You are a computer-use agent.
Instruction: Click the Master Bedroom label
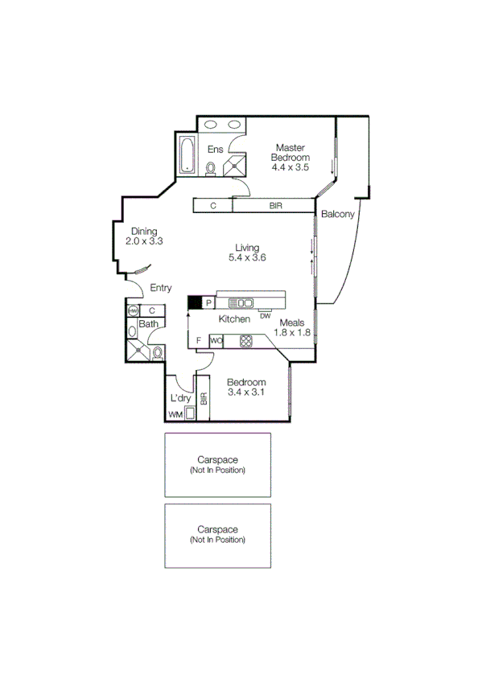(x=290, y=153)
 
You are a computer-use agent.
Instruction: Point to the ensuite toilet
(x=211, y=168)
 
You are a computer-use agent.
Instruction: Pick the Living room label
(x=247, y=247)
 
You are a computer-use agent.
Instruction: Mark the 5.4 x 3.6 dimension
(x=247, y=258)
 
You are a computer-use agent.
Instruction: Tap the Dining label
(x=144, y=230)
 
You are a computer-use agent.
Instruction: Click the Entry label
(x=161, y=288)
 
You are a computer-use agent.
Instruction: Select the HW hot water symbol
(x=133, y=310)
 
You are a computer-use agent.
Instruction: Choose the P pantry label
(x=208, y=303)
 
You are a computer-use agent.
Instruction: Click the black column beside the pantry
(x=194, y=303)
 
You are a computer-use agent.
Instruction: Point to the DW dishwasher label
(x=265, y=315)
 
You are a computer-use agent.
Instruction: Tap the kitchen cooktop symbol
(x=246, y=341)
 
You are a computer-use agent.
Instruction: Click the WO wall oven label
(x=216, y=341)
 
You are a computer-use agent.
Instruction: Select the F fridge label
(x=200, y=341)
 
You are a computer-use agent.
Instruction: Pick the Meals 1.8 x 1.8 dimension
(x=292, y=332)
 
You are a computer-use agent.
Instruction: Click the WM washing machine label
(x=175, y=414)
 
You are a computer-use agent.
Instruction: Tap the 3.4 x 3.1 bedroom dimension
(x=246, y=392)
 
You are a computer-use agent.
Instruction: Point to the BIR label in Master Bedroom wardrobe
(x=275, y=206)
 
